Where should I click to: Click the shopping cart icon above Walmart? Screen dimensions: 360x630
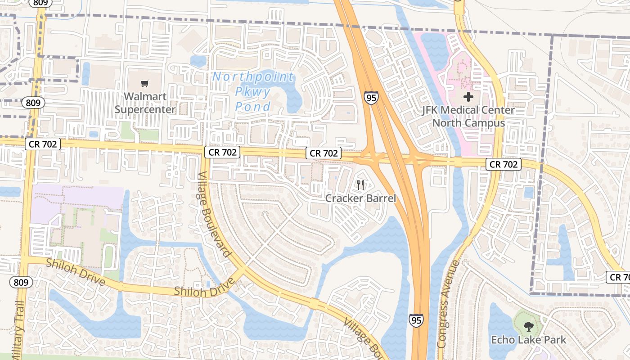(144, 83)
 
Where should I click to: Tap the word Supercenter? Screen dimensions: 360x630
(145, 109)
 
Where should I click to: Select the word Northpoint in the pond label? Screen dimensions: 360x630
(253, 77)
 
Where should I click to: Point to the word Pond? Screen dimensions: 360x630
(253, 107)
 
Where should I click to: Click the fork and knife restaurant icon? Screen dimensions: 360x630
(360, 185)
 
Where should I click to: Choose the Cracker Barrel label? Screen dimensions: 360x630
(360, 198)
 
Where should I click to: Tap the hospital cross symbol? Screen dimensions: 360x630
(468, 96)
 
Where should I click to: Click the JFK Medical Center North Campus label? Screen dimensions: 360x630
(468, 117)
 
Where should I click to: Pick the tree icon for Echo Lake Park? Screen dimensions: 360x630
(528, 327)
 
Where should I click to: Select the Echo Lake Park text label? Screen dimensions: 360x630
(528, 340)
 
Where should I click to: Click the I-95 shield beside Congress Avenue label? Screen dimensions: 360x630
(416, 320)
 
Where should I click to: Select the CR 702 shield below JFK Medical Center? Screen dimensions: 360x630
(504, 164)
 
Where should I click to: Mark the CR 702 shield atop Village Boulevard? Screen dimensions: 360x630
(222, 152)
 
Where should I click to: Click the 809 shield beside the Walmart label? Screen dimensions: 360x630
(33, 103)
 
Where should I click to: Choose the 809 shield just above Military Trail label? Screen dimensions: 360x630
(21, 283)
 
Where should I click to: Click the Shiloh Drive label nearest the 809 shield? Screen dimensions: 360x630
(75, 272)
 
